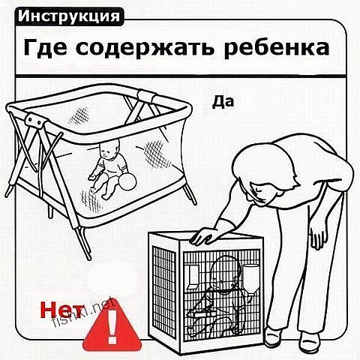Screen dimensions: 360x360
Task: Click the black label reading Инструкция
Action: (x=69, y=16)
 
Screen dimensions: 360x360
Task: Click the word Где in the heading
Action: (x=45, y=48)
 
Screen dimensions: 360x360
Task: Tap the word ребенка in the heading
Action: (x=277, y=47)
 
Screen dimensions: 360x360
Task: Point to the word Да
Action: (x=223, y=102)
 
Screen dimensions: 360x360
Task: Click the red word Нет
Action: (x=61, y=310)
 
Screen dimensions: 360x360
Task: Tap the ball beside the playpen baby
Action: (x=127, y=181)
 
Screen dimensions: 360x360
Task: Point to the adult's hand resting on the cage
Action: (x=204, y=235)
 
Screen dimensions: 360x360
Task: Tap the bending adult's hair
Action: (x=265, y=170)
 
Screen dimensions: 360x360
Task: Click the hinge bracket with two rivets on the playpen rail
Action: (x=36, y=121)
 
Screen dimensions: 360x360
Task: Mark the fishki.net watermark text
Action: (x=85, y=312)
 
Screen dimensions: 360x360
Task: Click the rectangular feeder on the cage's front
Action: (x=193, y=277)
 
